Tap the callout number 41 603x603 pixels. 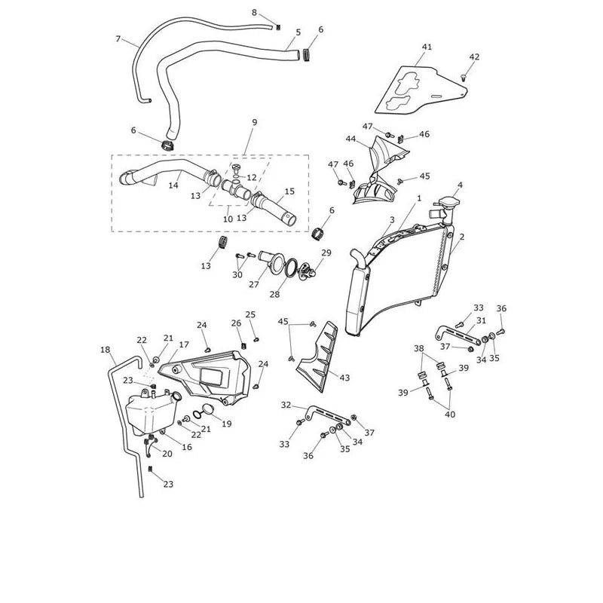427,47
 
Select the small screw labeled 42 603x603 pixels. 464,78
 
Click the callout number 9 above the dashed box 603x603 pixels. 254,122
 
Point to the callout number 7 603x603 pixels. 118,39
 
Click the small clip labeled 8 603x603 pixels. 279,26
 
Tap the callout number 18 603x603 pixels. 105,350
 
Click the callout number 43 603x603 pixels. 344,378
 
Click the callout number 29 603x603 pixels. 326,253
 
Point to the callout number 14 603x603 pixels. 173,185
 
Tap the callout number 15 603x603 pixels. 289,191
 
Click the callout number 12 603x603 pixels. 252,178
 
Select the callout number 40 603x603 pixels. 450,414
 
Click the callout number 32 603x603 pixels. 286,405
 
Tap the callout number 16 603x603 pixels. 186,447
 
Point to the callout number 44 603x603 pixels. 350,139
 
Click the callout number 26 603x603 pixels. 236,323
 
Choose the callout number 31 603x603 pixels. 481,321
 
